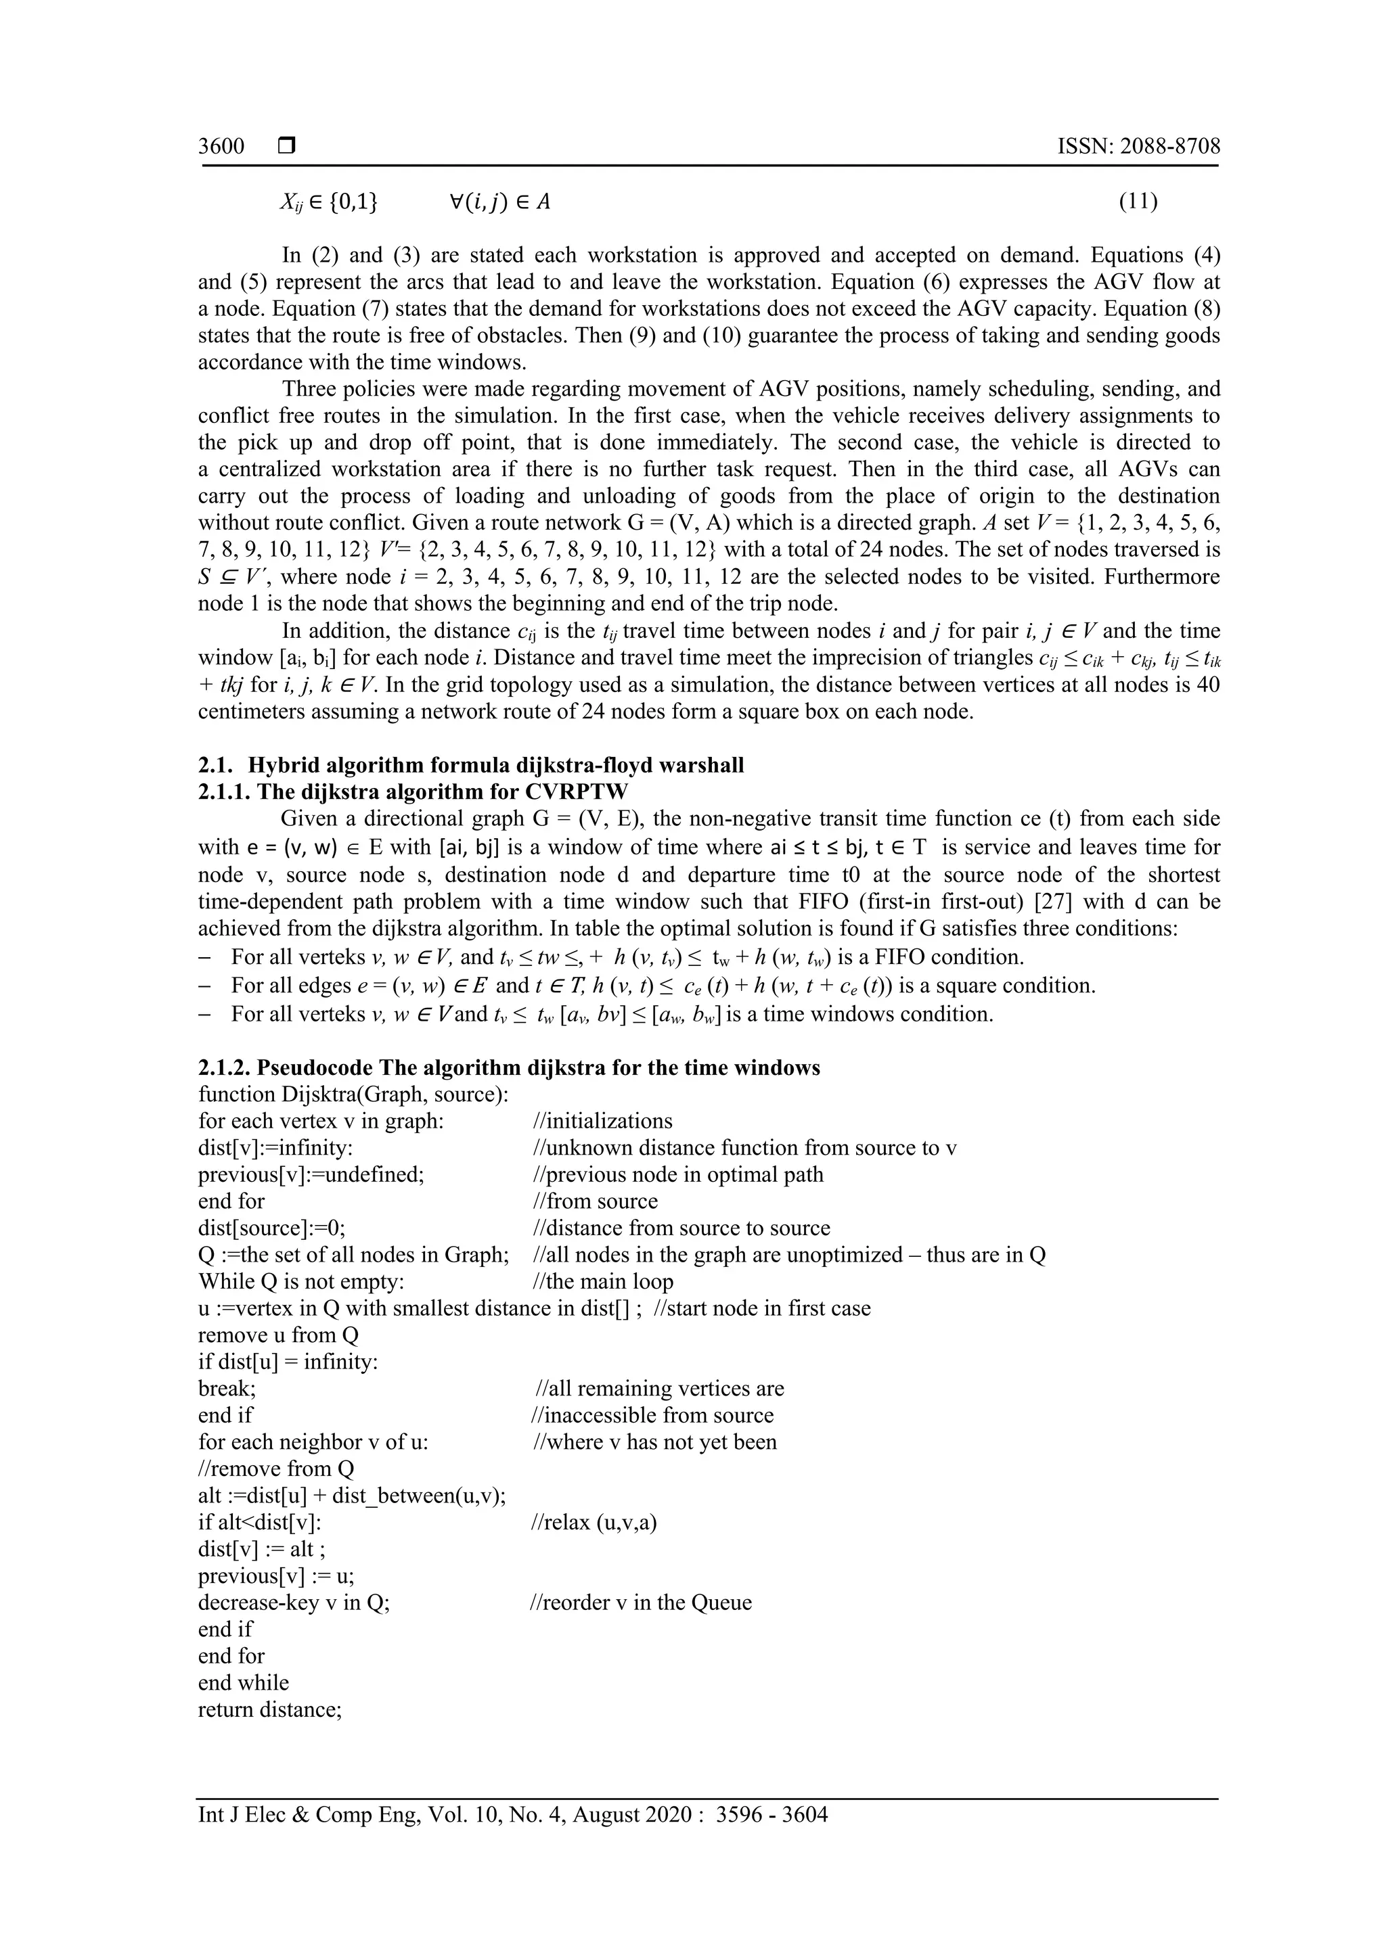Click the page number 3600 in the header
[x=221, y=146]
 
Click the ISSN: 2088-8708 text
[x=1138, y=146]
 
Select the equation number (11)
[x=1138, y=202]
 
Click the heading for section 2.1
[x=471, y=765]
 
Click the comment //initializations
[x=602, y=1121]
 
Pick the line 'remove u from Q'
[x=278, y=1335]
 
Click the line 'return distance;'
[x=270, y=1709]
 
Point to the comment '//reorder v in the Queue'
[x=641, y=1603]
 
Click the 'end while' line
[x=243, y=1682]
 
